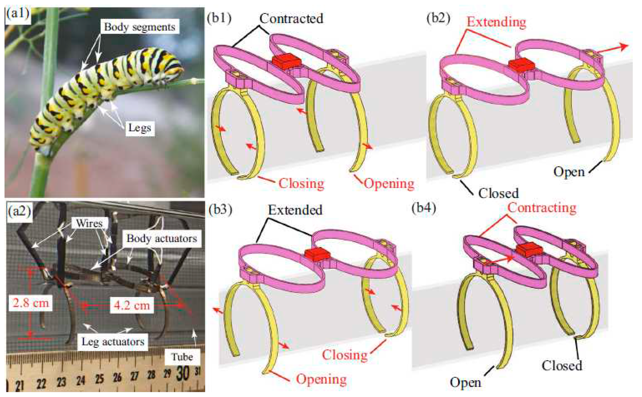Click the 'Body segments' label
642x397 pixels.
(x=140, y=27)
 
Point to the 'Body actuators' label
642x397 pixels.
(x=162, y=238)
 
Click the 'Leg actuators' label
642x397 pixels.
(x=113, y=342)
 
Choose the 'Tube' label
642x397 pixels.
(x=182, y=357)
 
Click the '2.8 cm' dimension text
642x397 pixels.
(x=31, y=303)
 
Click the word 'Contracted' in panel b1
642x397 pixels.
(x=291, y=19)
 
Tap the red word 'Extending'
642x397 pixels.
(x=496, y=22)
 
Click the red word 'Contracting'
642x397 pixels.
(x=542, y=208)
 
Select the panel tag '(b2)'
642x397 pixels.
(x=438, y=18)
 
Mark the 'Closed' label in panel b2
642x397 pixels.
(x=498, y=194)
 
